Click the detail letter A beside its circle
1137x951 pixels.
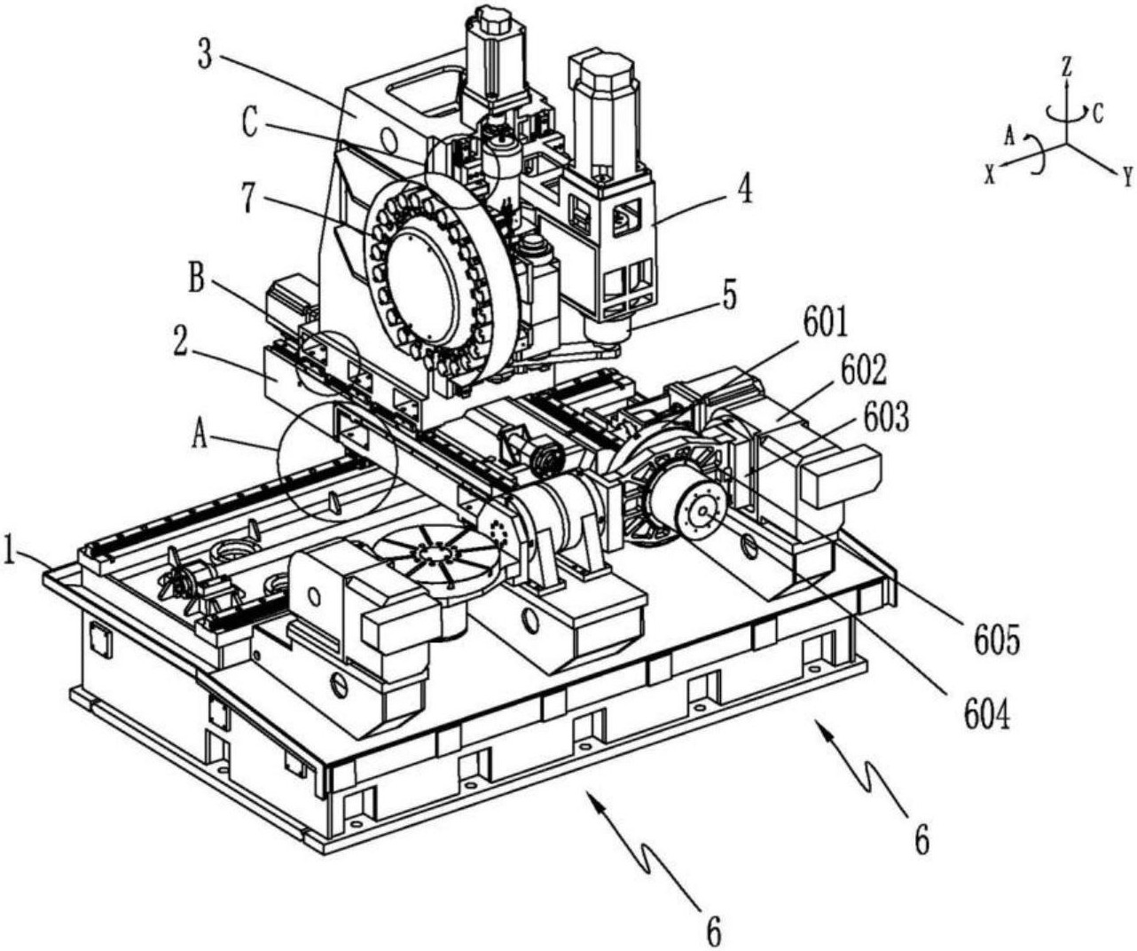click(201, 436)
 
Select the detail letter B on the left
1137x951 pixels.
click(197, 283)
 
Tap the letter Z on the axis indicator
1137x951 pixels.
click(1067, 65)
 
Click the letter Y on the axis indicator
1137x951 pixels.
click(1126, 177)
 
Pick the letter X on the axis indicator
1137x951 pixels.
click(989, 175)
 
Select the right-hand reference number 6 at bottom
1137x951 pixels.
click(922, 838)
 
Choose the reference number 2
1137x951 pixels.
click(180, 344)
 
